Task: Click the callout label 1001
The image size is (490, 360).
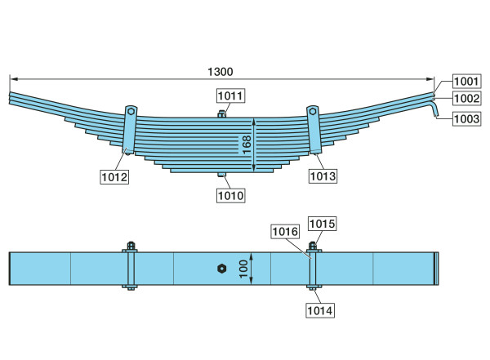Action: pos(466,82)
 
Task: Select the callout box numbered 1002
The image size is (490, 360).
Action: pos(466,99)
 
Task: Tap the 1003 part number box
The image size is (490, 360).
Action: pos(466,118)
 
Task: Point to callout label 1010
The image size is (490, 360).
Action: pos(230,196)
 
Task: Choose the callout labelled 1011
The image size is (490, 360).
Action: pos(230,96)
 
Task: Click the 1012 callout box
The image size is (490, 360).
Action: pos(114,177)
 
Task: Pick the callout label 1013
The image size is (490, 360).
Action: pos(323,176)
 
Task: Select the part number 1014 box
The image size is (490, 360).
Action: pos(320,311)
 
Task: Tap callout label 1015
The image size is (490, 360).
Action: pos(323,224)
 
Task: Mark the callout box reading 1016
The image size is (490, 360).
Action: pos(285,231)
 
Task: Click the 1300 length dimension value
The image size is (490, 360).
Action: pos(220,72)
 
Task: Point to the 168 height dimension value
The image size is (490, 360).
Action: pos(247,144)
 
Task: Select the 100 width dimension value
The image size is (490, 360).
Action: pos(243,269)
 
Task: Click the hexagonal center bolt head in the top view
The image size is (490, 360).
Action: pos(221,269)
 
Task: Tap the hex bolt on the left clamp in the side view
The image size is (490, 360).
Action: pos(131,111)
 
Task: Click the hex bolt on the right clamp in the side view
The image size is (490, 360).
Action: pos(313,111)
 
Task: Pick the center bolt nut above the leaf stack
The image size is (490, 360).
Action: pos(221,113)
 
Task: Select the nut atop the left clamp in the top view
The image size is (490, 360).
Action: pos(131,246)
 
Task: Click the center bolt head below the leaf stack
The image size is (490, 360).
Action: pos(221,175)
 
